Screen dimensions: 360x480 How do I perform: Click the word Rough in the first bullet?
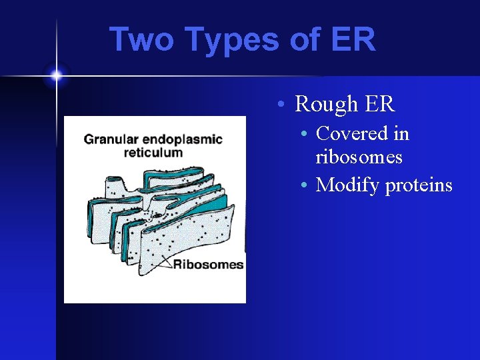tap(327, 104)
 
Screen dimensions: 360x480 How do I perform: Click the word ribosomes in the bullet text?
tap(359, 157)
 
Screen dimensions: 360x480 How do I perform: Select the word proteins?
tap(419, 185)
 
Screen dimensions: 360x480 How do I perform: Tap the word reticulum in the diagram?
tap(153, 153)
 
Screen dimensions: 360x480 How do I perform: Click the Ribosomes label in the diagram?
tap(209, 265)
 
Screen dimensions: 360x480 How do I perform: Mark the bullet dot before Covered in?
tap(304, 135)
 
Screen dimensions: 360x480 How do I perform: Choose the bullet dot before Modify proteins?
tap(304, 185)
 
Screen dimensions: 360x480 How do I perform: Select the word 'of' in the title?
tap(305, 39)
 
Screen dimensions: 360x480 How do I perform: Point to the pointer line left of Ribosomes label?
tap(160, 261)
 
